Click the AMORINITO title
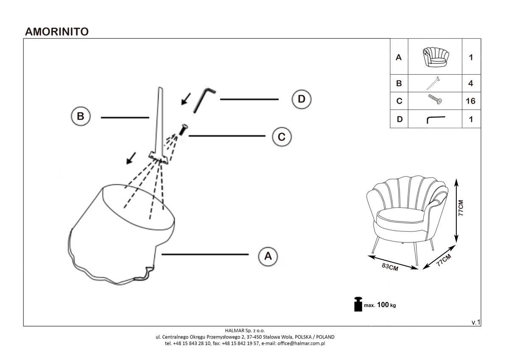pyautogui.click(x=57, y=32)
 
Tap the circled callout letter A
pyautogui.click(x=268, y=256)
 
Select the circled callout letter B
pyautogui.click(x=81, y=117)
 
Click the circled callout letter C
pyautogui.click(x=281, y=137)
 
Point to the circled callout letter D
pyautogui.click(x=301, y=99)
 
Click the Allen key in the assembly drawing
pyautogui.click(x=204, y=100)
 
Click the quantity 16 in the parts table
pyautogui.click(x=470, y=101)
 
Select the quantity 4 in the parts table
pyautogui.click(x=470, y=83)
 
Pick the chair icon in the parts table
pyautogui.click(x=435, y=57)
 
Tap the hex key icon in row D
pyautogui.click(x=436, y=119)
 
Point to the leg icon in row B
pyautogui.click(x=433, y=83)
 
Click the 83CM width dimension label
pyautogui.click(x=390, y=268)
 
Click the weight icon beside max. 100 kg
pyautogui.click(x=358, y=304)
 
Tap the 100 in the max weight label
pyautogui.click(x=383, y=305)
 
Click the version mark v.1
pyautogui.click(x=476, y=323)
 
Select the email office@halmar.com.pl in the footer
pyautogui.click(x=301, y=343)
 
